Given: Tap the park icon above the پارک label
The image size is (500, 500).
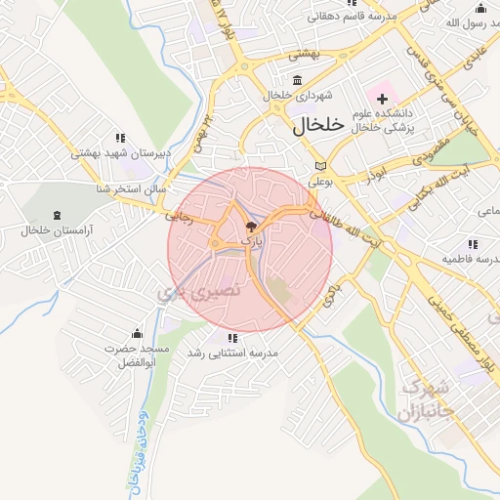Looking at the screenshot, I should point(251,225).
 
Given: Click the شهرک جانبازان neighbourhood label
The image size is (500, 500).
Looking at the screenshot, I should point(427,397).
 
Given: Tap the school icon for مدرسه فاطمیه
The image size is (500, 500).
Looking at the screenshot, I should point(473,244).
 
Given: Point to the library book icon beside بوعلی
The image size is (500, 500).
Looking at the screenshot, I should point(321,165).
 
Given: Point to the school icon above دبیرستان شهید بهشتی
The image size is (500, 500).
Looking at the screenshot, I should point(120,138).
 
